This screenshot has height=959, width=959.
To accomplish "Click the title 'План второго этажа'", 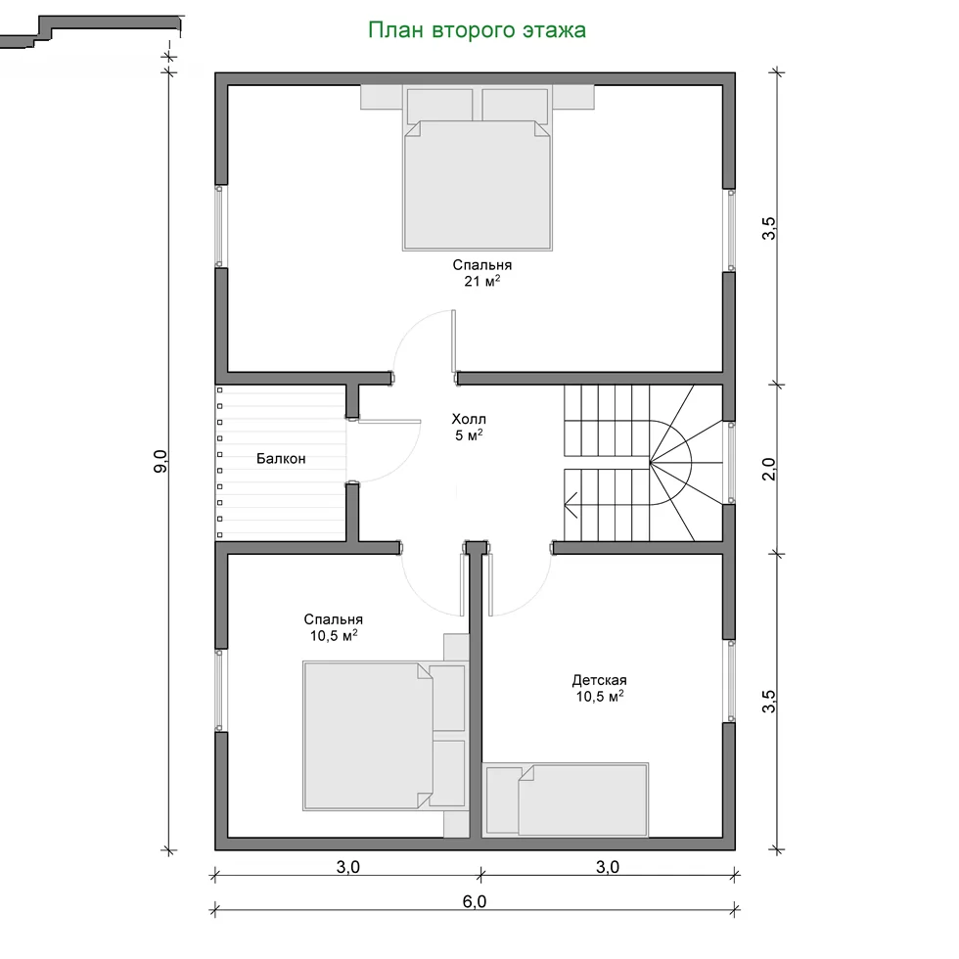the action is pyautogui.click(x=478, y=30).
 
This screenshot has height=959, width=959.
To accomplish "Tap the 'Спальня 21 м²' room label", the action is pyautogui.click(x=481, y=273).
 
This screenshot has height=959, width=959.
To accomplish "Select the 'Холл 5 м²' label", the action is pyautogui.click(x=469, y=427).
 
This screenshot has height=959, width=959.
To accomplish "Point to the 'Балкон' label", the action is pyautogui.click(x=281, y=459).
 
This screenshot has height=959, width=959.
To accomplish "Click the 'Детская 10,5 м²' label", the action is pyautogui.click(x=599, y=688).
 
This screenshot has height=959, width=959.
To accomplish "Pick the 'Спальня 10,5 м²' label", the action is pyautogui.click(x=334, y=627).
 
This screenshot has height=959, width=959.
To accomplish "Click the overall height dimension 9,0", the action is pyautogui.click(x=160, y=461).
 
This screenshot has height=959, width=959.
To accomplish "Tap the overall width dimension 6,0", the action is pyautogui.click(x=475, y=901).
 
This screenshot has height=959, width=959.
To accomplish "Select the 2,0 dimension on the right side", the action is pyautogui.click(x=769, y=469).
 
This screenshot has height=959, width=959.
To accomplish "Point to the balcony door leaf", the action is pyautogui.click(x=389, y=422).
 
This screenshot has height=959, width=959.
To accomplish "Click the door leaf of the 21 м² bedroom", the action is pyautogui.click(x=454, y=341).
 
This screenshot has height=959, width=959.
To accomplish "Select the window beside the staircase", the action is pyautogui.click(x=730, y=462).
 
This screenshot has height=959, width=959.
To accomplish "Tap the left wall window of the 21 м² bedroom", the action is pyautogui.click(x=220, y=226).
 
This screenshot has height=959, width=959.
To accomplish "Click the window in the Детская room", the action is pyautogui.click(x=730, y=681).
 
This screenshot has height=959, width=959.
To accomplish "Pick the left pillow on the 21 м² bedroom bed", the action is pyautogui.click(x=439, y=106).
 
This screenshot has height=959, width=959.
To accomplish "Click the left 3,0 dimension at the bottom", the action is pyautogui.click(x=348, y=867).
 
